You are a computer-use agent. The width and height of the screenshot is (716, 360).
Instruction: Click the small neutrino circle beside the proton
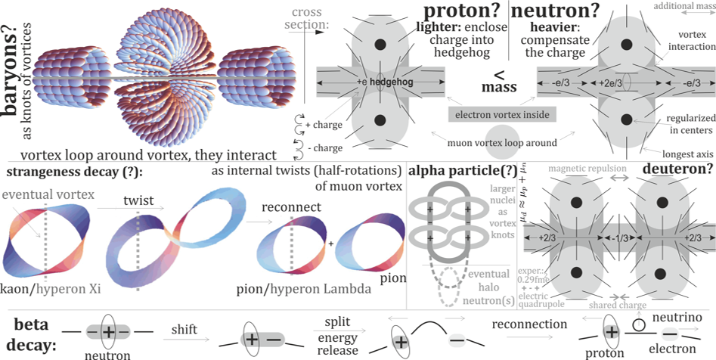(640, 324)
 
